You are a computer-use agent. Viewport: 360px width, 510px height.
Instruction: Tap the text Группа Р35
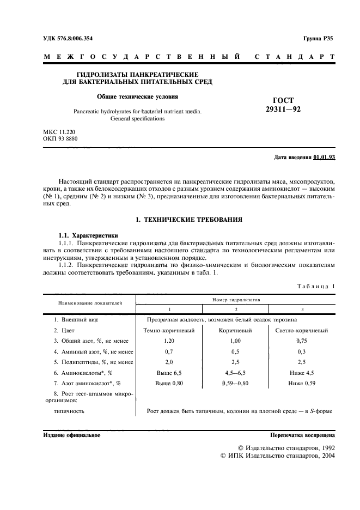(x=318, y=39)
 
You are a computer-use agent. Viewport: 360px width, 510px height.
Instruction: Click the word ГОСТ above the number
(x=282, y=100)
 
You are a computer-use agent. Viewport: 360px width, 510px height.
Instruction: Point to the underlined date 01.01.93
(x=325, y=157)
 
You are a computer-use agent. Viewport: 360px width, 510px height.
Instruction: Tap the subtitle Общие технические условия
(x=137, y=97)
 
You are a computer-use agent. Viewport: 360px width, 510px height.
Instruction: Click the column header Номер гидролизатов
(x=236, y=300)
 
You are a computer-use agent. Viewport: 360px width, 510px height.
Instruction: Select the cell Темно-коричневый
(x=168, y=330)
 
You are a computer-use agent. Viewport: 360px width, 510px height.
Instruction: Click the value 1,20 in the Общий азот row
(x=168, y=341)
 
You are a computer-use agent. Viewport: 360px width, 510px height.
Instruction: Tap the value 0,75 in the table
(x=302, y=341)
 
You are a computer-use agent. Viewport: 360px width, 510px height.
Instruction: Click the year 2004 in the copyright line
(x=325, y=456)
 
